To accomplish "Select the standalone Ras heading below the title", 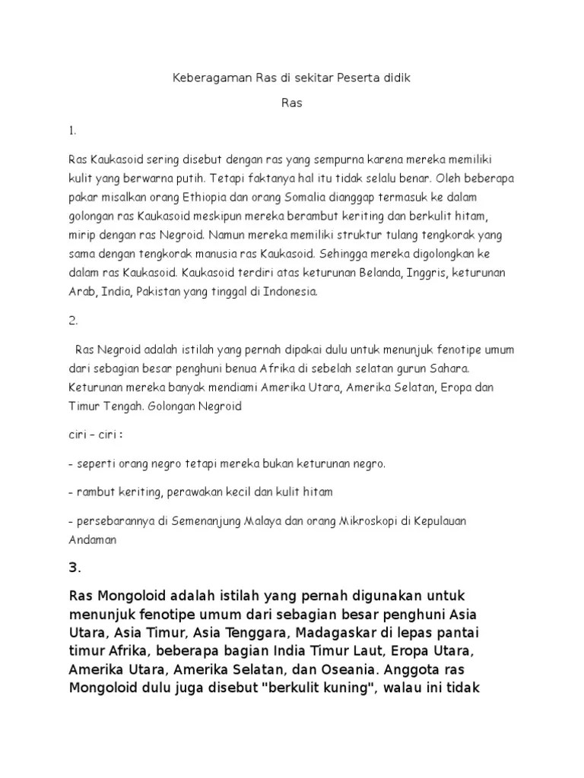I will pyautogui.click(x=292, y=103).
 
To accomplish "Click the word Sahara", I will pyautogui.click(x=450, y=368).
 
